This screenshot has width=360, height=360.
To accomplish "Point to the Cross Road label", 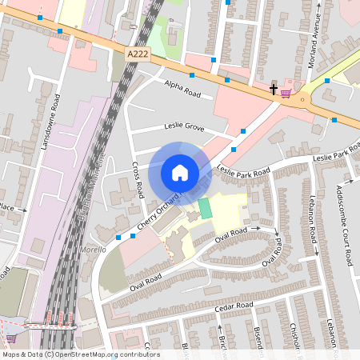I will pos(136,179).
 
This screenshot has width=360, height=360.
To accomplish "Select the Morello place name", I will pos(93,250).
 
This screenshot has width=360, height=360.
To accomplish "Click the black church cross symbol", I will pos(274,90).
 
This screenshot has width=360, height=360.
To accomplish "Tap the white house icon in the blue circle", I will pos(180,172).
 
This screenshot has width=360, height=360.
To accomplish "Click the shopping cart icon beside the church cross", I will pos(286,93).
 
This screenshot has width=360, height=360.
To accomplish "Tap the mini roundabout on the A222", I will pos(302,99).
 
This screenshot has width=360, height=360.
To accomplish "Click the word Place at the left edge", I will pos(6,206).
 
